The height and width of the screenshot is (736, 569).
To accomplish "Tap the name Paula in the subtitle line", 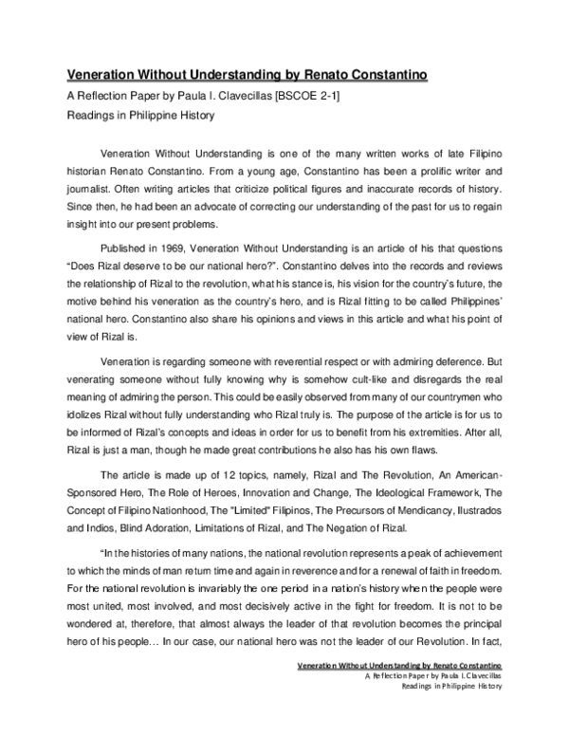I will point(196,95).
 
